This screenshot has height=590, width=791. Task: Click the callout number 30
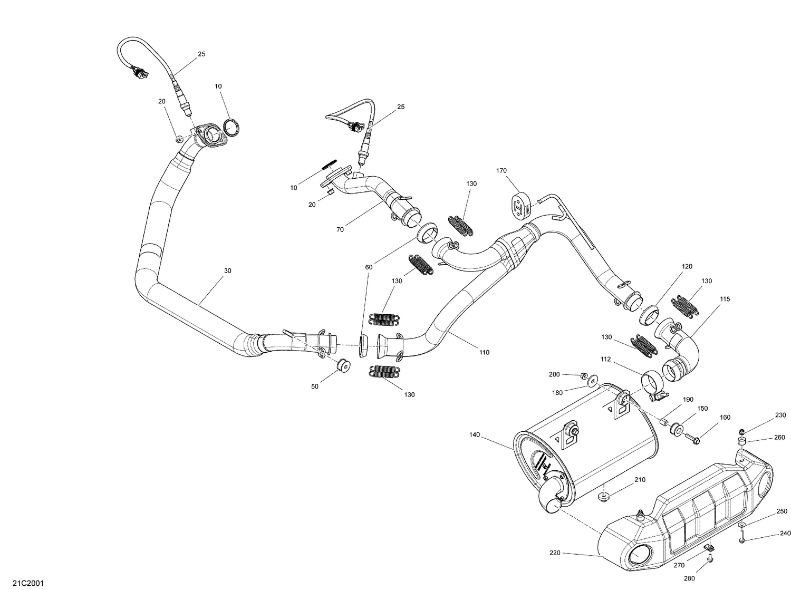[x=227, y=270]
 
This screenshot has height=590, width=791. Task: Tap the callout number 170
[x=501, y=170]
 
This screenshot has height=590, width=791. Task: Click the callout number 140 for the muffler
[x=474, y=435]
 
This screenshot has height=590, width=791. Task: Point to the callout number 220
[x=555, y=553]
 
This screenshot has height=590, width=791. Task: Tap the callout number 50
[x=315, y=386]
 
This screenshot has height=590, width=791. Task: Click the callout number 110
[x=484, y=352]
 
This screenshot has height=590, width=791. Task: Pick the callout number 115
[x=725, y=299]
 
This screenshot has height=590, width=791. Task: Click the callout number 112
[x=605, y=359]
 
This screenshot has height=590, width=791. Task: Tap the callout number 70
[x=340, y=229]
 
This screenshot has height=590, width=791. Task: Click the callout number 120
[x=687, y=267]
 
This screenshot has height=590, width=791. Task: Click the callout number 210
[x=640, y=479]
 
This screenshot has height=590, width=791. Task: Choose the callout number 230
[x=780, y=415]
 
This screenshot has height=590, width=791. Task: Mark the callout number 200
[x=554, y=374]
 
